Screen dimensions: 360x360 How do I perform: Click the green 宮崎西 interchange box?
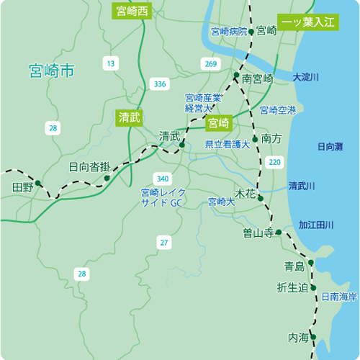point(132,11)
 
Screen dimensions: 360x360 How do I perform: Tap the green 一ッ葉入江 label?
point(307,22)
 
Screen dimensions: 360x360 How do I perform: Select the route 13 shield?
point(110,64)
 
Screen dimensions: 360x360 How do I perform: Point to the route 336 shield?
point(159,84)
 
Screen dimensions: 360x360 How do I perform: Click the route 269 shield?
point(210,65)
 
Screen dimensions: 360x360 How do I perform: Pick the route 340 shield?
point(162,178)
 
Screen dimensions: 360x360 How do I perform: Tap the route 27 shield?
point(165,243)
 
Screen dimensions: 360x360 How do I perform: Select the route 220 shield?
point(274,163)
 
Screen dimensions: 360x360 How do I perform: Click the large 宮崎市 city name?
point(52,71)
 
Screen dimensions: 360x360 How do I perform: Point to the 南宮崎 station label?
point(258,78)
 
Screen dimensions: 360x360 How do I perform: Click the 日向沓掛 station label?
point(89,166)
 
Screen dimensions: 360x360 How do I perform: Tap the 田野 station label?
point(23,187)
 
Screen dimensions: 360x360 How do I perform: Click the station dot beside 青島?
point(311,264)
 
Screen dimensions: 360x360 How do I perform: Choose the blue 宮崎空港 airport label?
point(278,110)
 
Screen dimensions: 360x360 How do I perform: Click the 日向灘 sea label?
point(330,147)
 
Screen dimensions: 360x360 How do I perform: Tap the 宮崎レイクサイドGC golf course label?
point(163,197)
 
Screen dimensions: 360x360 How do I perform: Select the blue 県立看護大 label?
point(227,145)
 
